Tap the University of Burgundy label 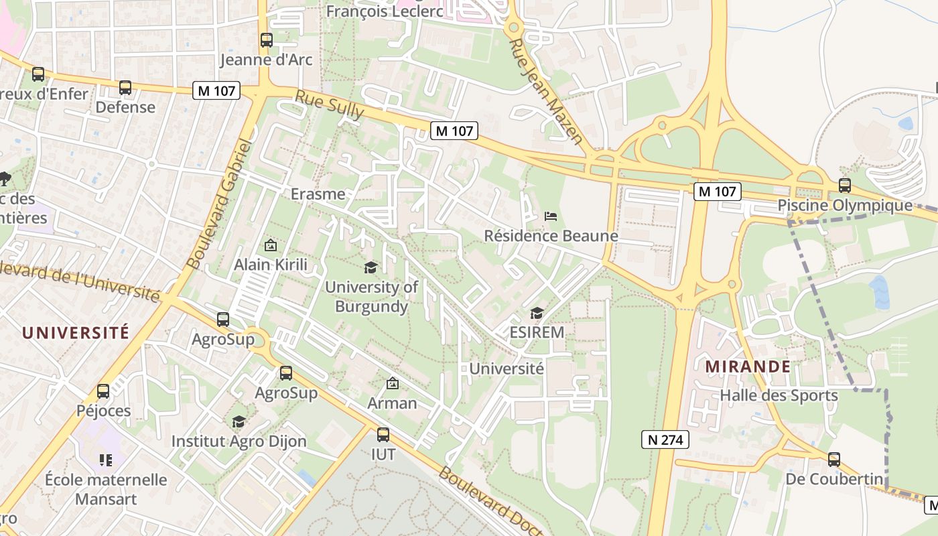click(x=371, y=297)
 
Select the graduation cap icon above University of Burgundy click(x=371, y=268)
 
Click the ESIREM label click(x=537, y=332)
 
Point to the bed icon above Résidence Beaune click(x=550, y=216)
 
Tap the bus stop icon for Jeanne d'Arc click(x=267, y=40)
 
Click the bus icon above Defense click(x=125, y=88)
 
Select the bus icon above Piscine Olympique click(x=845, y=186)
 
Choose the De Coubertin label click(x=834, y=479)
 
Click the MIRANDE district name click(x=748, y=366)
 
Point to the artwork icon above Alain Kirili click(x=271, y=245)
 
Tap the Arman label click(x=392, y=403)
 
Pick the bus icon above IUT click(x=383, y=435)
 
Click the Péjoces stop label click(x=103, y=410)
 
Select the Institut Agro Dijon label click(x=239, y=442)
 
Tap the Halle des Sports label click(x=779, y=395)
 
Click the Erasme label click(x=318, y=194)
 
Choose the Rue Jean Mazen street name click(x=545, y=90)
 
